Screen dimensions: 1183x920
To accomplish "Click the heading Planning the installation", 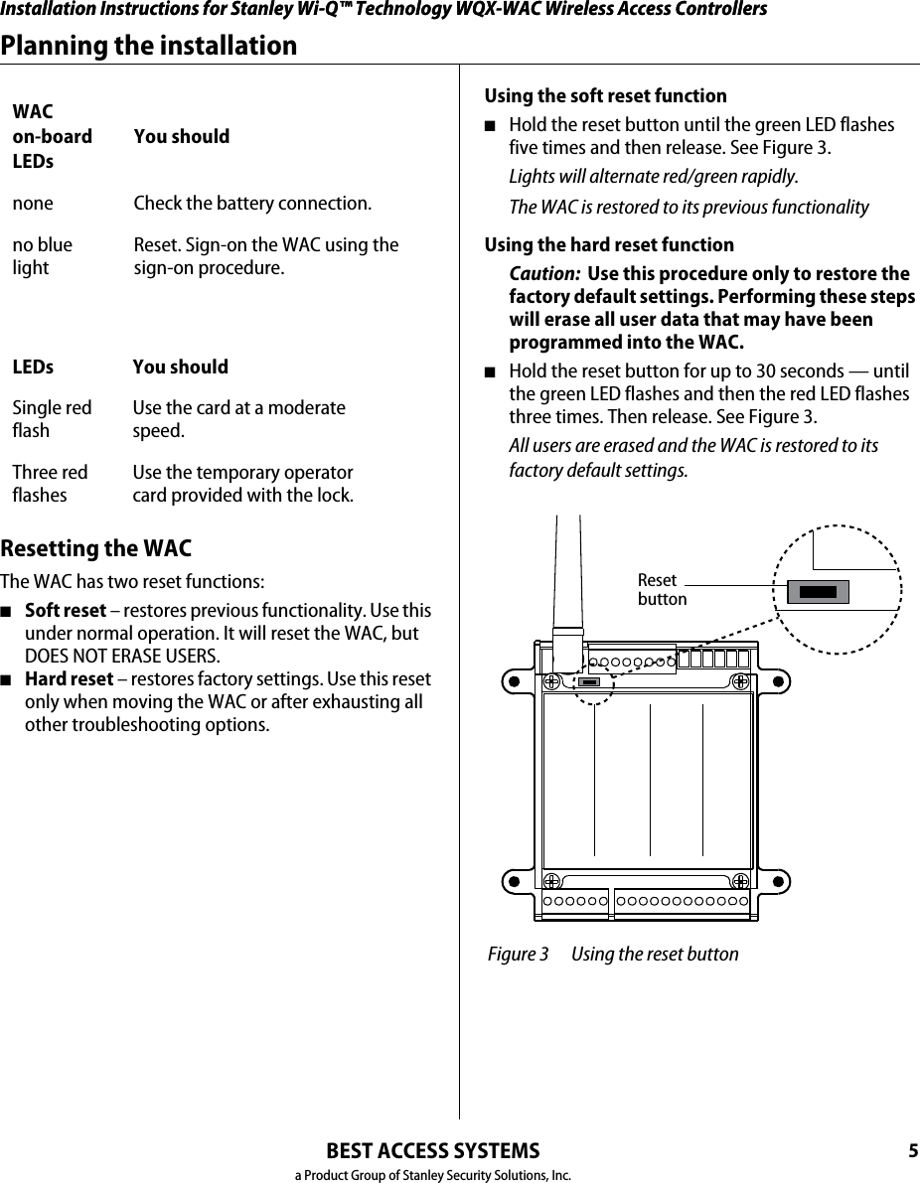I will click(149, 46).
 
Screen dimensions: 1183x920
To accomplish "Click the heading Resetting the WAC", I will click(96, 549).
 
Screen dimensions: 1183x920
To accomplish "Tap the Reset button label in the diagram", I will click(661, 589).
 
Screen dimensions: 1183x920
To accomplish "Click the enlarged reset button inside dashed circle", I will click(818, 592).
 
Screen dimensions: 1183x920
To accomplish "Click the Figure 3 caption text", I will click(613, 955).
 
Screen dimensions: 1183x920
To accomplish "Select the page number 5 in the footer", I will click(912, 1151).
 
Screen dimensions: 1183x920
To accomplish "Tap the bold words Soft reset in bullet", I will click(65, 610).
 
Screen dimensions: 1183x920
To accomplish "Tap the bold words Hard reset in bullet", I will click(69, 679).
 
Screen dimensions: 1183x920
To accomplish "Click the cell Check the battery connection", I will click(252, 204).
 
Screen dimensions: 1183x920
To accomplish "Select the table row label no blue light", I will click(42, 256).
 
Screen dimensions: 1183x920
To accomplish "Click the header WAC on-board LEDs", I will click(52, 136).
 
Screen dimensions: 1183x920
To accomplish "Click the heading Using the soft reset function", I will click(605, 96).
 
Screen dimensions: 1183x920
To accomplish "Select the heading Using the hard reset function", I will click(609, 244).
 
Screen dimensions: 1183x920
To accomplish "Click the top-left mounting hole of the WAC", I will click(512, 682).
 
